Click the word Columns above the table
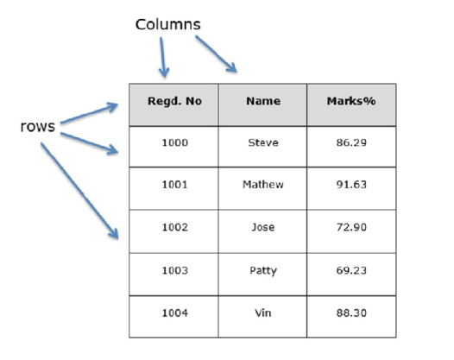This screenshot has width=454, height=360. point(168,24)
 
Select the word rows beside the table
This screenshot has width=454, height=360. point(38,127)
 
